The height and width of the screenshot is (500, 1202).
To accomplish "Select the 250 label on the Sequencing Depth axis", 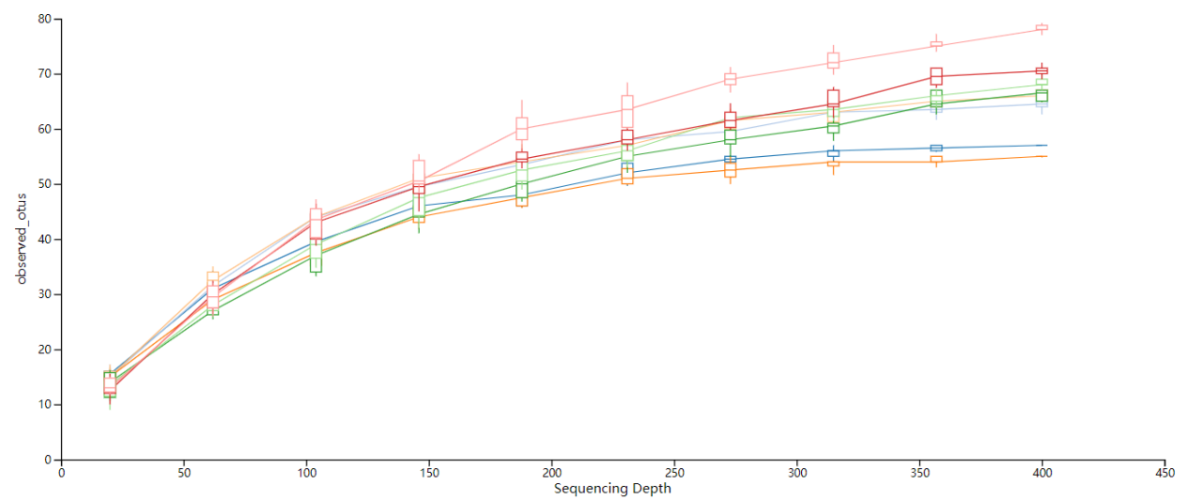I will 675,474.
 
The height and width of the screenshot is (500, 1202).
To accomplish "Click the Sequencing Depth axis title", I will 612,489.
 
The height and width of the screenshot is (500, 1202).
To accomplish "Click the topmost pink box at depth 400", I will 1041,27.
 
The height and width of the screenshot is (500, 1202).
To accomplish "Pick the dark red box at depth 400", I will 1041,70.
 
